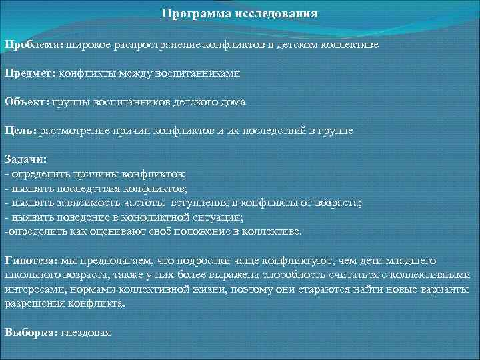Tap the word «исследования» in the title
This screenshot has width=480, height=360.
click(276, 13)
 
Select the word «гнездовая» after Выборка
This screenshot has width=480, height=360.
click(86, 332)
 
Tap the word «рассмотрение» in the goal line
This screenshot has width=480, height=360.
click(73, 131)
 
